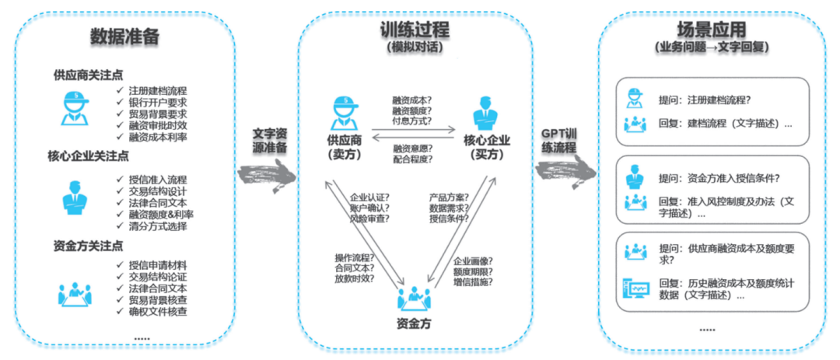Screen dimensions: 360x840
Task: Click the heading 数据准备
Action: pyautogui.click(x=124, y=37)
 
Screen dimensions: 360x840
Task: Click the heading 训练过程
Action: pyautogui.click(x=414, y=30)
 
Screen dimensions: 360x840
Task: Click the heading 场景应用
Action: pyautogui.click(x=711, y=30)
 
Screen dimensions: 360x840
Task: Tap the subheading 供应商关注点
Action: pyautogui.click(x=88, y=75)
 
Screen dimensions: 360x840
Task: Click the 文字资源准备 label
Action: pyautogui.click(x=270, y=141)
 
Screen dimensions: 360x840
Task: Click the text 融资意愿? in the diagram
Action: pyautogui.click(x=413, y=148)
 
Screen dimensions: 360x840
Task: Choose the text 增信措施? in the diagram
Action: pyautogui.click(x=473, y=285)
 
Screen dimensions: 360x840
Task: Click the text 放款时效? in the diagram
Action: pyautogui.click(x=354, y=278)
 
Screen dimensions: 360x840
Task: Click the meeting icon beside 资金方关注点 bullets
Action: pyautogui.click(x=75, y=293)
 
